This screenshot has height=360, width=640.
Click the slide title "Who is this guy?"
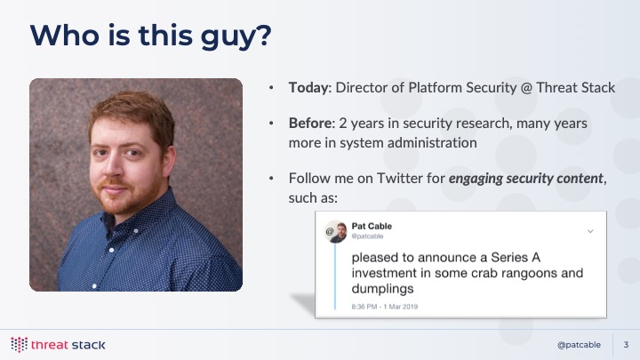point(150,36)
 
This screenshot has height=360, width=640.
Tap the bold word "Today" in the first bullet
point(308,88)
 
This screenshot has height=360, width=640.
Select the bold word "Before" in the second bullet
point(310,124)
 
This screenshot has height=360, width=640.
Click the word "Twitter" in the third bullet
point(400,179)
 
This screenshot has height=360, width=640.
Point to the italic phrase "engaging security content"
point(525,179)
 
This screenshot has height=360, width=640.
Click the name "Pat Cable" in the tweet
point(372,226)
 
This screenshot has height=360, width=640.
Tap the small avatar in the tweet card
point(335,231)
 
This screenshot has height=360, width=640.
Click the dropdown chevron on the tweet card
point(590,231)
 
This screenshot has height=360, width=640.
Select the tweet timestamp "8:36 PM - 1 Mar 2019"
point(385,307)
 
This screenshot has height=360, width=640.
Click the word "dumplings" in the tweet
point(382,289)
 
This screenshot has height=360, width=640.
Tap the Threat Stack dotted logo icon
point(19,345)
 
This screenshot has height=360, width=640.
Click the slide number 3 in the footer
point(626,345)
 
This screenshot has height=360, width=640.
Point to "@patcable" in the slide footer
point(579,345)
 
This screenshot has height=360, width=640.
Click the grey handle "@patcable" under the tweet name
point(367,236)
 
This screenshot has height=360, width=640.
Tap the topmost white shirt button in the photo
point(135,231)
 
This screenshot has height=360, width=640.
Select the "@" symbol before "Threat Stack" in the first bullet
point(526,88)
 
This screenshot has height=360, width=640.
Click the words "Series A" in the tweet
point(516,258)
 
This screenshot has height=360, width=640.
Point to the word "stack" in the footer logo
point(88,345)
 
